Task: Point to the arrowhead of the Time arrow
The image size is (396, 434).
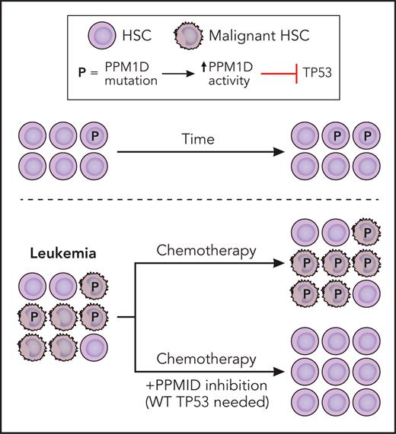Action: [x=278, y=153]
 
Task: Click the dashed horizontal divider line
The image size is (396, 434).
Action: [x=198, y=203]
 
